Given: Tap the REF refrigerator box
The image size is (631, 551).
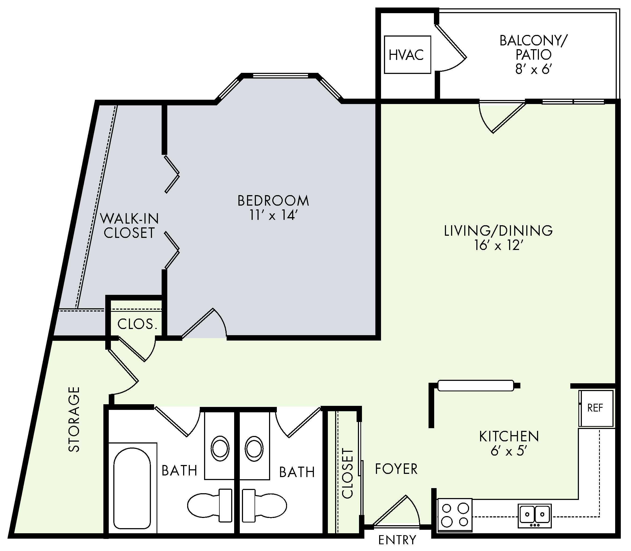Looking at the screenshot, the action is coord(596,408).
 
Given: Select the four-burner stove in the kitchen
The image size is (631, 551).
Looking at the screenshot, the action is coord(455,515).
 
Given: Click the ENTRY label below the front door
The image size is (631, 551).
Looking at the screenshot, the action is coord(397,540).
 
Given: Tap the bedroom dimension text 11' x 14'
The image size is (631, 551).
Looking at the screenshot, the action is coord(273,216).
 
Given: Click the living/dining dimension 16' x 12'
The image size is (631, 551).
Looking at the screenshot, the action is coord(498,245).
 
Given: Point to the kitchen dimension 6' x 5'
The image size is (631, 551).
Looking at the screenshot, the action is coord(509,451).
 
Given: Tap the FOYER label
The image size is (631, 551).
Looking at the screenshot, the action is coord(396,469).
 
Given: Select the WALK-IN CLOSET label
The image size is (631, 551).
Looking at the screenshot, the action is coord(129,226).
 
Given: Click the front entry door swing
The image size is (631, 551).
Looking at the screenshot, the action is coord(396,512).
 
